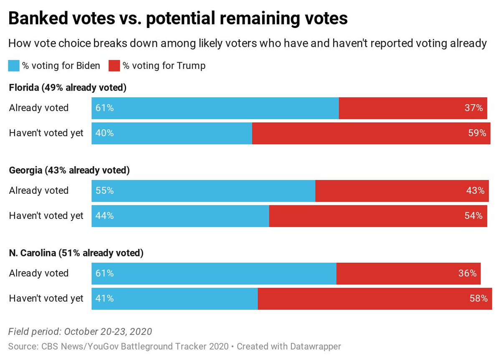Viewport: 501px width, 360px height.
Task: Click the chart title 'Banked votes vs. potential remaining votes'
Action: pos(178,19)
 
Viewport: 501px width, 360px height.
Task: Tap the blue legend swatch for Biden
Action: pos(14,66)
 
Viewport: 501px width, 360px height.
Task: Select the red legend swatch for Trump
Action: pos(114,66)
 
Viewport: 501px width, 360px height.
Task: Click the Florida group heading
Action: pos(68,88)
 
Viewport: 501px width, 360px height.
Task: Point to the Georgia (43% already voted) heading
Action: pos(69,170)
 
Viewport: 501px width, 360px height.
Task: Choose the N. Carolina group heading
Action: pos(76,253)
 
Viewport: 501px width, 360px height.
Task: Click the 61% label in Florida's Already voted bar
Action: pos(104,108)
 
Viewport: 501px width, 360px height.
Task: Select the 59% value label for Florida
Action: pos(477,133)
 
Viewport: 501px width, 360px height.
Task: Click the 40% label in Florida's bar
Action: pos(104,133)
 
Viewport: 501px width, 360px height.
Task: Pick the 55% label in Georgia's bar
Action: pos(104,190)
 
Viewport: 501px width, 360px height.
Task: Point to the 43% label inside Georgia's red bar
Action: pos(475,190)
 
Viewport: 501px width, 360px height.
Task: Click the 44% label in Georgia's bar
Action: pos(104,216)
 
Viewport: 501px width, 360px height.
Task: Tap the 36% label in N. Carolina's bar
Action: pos(467,273)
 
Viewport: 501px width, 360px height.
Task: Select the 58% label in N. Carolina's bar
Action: pos(478,299)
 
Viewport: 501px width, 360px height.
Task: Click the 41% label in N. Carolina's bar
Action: pos(104,299)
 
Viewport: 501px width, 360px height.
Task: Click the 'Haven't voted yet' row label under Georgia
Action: pos(46,216)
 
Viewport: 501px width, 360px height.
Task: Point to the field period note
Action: pos(80,332)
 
